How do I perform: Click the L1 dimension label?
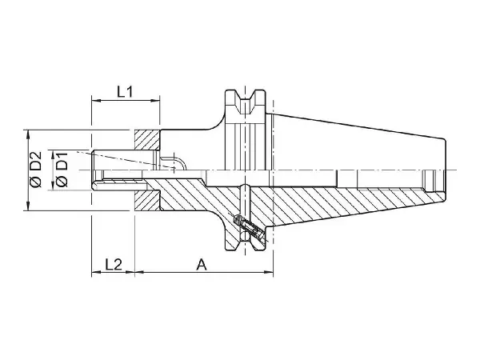pos(125,91)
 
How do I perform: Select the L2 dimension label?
pos(114,264)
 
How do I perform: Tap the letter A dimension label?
pos(202,264)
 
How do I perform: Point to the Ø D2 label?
pos(35,170)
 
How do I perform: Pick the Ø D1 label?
pos(62,170)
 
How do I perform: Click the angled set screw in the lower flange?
pos(247,227)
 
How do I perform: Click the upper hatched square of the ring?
pos(147,140)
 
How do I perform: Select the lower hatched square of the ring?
pos(147,201)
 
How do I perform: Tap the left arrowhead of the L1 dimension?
pos(96,100)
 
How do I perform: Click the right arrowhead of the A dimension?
pos(269,271)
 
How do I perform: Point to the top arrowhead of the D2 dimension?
pos(29,134)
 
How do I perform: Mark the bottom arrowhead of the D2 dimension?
pos(29,206)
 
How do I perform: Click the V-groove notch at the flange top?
pos(246,101)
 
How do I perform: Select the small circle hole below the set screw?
pos(245,236)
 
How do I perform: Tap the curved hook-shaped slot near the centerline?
pos(174,163)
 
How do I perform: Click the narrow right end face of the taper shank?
pos(446,170)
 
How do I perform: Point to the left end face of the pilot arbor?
pos(93,170)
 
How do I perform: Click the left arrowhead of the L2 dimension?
pos(96,271)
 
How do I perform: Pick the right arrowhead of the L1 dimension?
pos(155,100)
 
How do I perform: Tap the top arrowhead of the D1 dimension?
pos(53,154)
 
